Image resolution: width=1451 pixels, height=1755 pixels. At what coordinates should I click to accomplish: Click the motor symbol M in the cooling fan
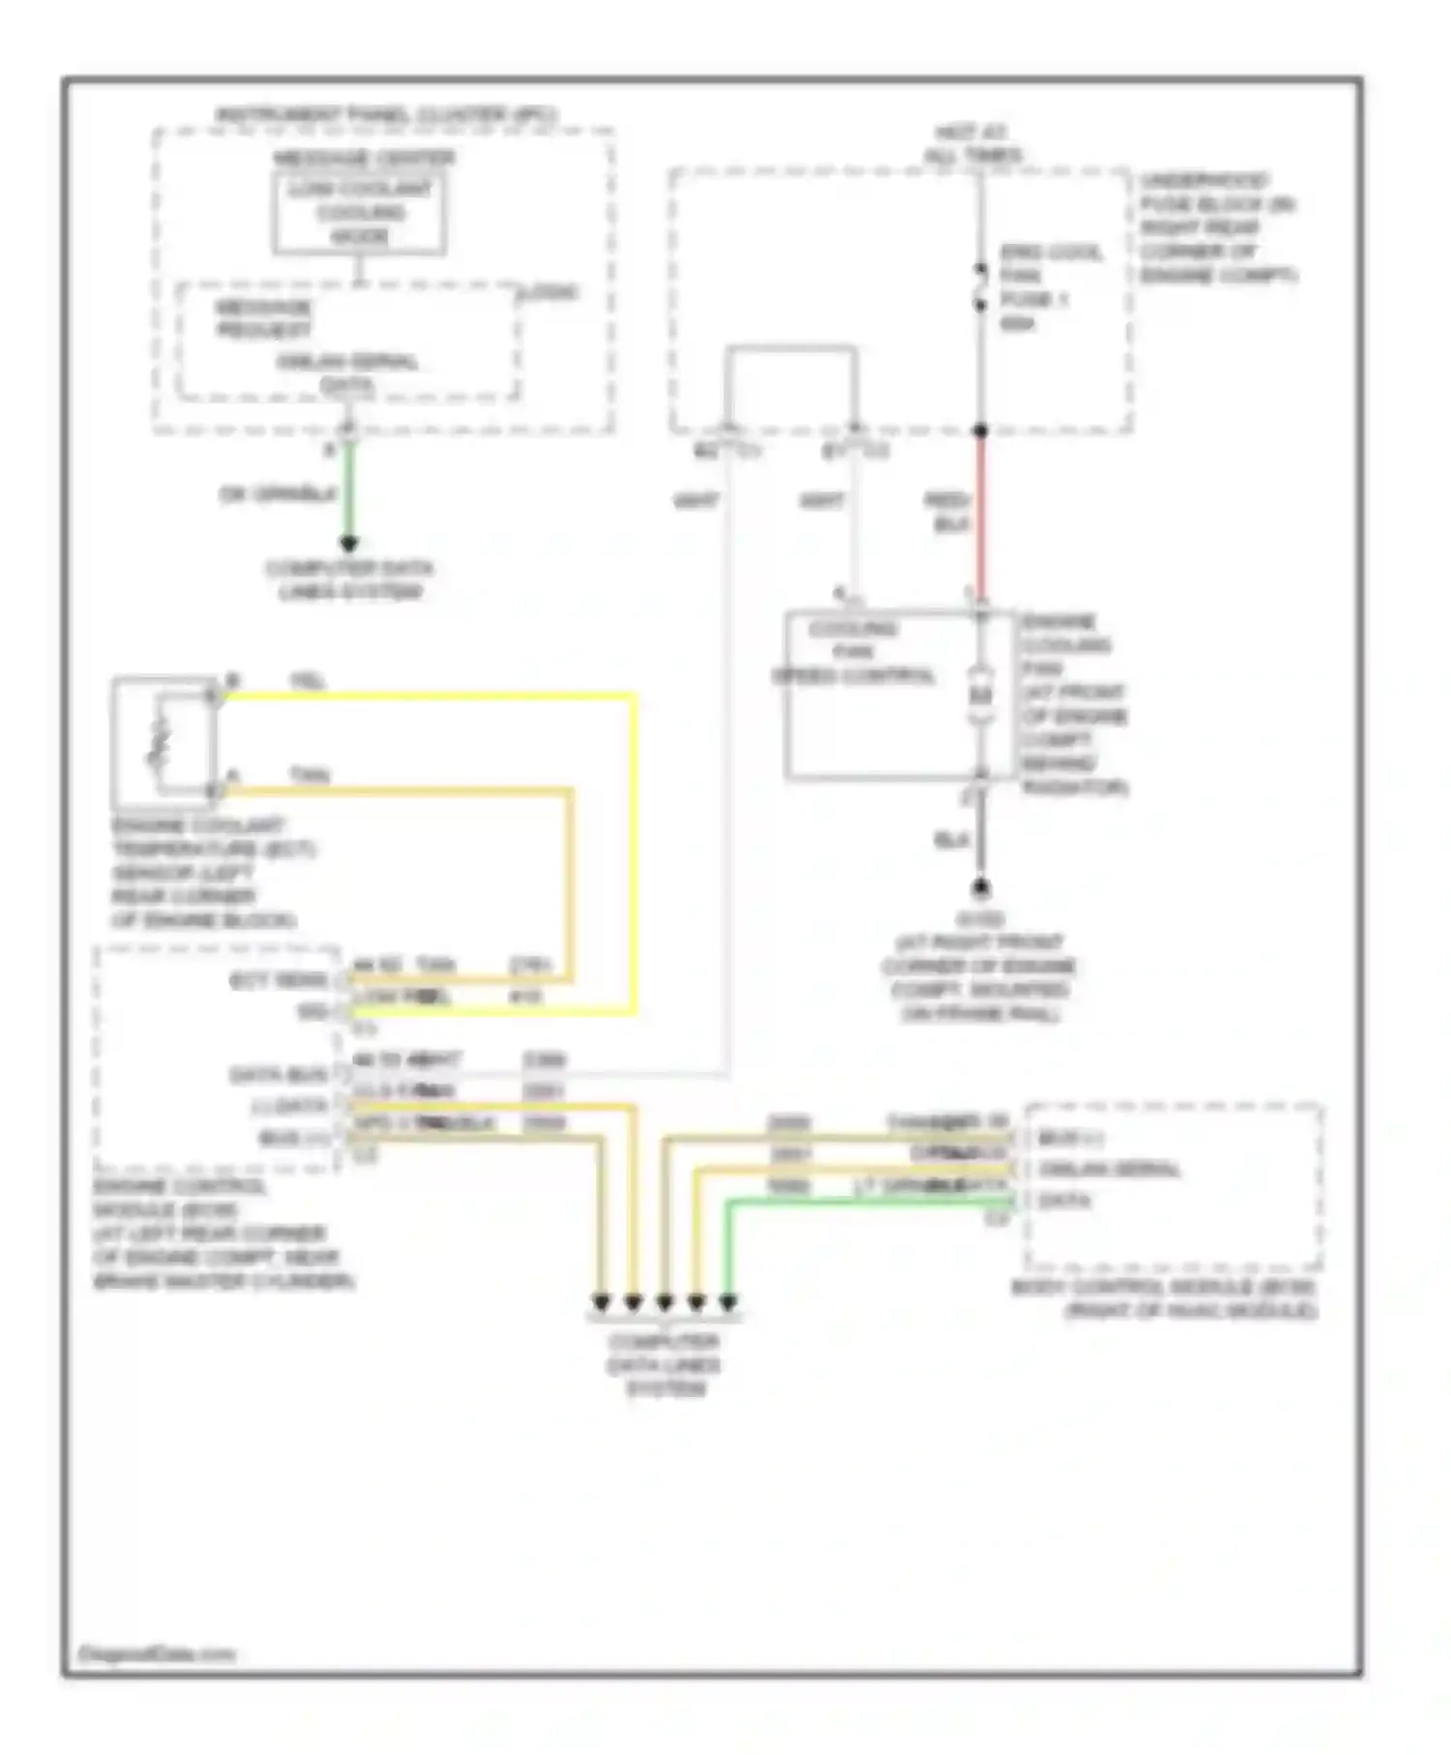[981, 696]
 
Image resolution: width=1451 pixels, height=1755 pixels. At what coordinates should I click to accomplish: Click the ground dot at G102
[980, 887]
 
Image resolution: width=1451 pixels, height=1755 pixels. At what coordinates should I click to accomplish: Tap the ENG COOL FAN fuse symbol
[980, 286]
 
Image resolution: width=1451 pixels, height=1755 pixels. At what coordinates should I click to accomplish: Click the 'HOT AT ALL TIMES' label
[971, 143]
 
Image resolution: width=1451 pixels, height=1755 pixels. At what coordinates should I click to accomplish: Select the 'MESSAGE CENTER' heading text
[363, 158]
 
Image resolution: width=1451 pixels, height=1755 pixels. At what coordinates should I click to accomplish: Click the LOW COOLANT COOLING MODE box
[359, 213]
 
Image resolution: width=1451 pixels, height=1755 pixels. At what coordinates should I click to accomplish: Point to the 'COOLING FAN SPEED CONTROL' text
[853, 651]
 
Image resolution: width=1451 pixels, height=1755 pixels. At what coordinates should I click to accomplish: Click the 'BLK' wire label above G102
[951, 840]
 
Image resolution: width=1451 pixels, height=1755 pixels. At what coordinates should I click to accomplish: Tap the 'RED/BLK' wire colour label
[947, 512]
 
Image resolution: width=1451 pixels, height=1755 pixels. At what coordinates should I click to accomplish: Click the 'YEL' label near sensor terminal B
[308, 681]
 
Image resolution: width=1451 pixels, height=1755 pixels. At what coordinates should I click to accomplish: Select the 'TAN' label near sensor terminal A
[309, 774]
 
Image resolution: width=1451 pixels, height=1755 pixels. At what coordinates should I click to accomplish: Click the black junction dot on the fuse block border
[980, 431]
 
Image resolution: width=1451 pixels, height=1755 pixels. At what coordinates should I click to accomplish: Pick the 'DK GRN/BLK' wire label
[278, 494]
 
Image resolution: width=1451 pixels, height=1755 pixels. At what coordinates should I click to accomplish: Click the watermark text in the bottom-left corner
[156, 1653]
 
